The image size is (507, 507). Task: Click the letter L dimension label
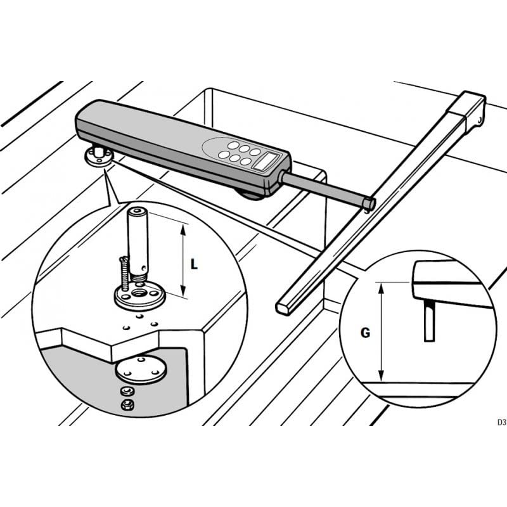click(x=194, y=264)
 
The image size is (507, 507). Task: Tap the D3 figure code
click(x=501, y=422)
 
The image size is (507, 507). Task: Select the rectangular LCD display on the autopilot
click(x=265, y=161)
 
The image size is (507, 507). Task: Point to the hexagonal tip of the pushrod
click(x=369, y=203)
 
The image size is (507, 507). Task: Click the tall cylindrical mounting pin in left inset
click(x=138, y=242)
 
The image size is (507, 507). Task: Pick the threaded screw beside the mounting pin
click(x=124, y=273)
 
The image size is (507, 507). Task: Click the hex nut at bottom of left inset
click(x=128, y=404)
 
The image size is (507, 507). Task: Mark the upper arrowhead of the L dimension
click(x=183, y=229)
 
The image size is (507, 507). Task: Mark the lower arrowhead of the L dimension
click(x=183, y=290)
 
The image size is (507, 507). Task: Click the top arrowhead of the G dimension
click(x=382, y=288)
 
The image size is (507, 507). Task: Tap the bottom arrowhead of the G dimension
click(x=382, y=376)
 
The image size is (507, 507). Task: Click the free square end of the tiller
click(x=282, y=308)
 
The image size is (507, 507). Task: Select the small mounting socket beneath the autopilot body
click(x=99, y=156)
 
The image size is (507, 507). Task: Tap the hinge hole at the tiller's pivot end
click(x=480, y=120)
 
